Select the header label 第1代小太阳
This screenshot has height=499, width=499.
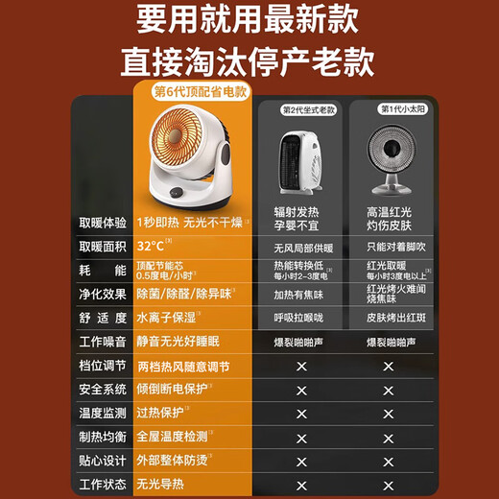[x=393, y=109]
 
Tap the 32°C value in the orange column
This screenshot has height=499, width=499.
[x=151, y=247]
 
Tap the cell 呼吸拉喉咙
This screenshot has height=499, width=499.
[x=301, y=319]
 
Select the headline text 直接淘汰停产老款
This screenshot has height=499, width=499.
[x=249, y=62]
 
